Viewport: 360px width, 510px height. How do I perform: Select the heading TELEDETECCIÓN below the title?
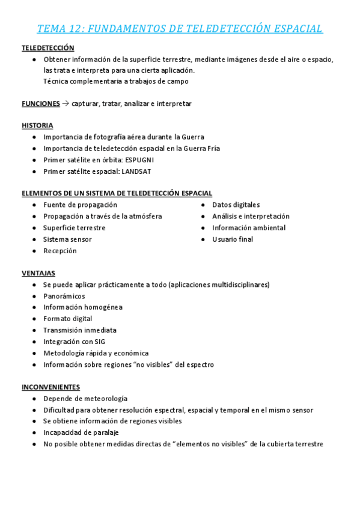coord(48,48)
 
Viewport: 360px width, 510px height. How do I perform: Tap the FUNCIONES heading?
coord(41,103)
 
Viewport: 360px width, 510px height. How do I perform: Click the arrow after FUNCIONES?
coord(66,103)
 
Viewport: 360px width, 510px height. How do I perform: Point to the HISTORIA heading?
coord(37,126)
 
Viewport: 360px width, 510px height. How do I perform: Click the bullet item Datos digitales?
coord(236,205)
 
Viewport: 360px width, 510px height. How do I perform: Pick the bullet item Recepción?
coord(60,251)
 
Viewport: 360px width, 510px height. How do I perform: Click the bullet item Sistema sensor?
coord(67,239)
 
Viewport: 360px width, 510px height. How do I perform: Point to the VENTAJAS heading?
coord(38,273)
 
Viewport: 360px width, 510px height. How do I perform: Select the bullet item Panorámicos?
coord(64,296)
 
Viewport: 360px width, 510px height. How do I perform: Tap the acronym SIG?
coord(100,342)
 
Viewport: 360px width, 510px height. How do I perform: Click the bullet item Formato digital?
coord(67,319)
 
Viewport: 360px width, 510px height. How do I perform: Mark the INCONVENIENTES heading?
coord(51,387)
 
